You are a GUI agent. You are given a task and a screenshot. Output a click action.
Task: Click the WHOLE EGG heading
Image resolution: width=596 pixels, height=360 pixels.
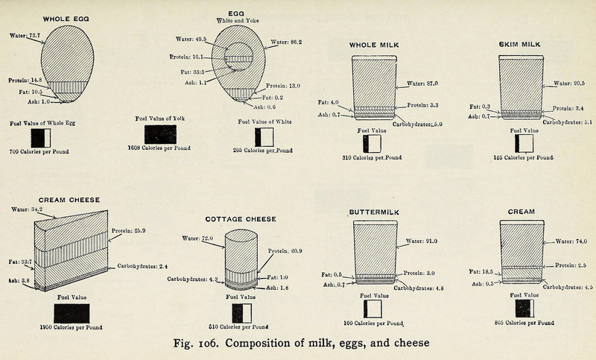68,19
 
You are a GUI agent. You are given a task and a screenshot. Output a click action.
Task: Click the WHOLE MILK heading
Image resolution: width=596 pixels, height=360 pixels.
375,45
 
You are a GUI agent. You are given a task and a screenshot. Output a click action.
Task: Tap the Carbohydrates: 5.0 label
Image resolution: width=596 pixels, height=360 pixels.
422,124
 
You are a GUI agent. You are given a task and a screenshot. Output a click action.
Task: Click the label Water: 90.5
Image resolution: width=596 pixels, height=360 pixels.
570,83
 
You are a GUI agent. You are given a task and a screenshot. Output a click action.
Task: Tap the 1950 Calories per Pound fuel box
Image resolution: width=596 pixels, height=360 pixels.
72,312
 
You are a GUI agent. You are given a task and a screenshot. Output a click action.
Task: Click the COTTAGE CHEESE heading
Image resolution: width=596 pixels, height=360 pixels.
241,219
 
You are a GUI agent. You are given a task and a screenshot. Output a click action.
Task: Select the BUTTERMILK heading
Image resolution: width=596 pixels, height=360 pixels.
375,212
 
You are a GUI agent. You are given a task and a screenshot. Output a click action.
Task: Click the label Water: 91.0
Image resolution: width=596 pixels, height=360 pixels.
422,241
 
